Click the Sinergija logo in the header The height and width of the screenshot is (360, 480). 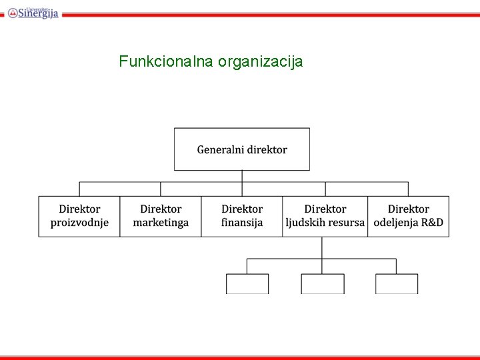pyautogui.click(x=33, y=12)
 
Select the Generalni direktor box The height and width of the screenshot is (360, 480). pyautogui.click(x=242, y=149)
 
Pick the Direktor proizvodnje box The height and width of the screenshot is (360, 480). pyautogui.click(x=79, y=216)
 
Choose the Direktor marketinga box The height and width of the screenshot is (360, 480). pyautogui.click(x=161, y=216)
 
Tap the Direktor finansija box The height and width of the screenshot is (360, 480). pyautogui.click(x=242, y=216)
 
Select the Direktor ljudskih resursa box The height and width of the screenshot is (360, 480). pyautogui.click(x=325, y=216)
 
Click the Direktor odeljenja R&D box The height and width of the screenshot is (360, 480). pyautogui.click(x=408, y=216)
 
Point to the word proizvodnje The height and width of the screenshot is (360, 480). pyautogui.click(x=79, y=223)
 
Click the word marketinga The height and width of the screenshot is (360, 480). pyautogui.click(x=161, y=223)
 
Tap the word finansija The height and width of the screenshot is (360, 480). pyautogui.click(x=242, y=223)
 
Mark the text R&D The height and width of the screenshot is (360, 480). pyautogui.click(x=431, y=223)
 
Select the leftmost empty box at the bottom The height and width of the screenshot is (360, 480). pyautogui.click(x=247, y=284)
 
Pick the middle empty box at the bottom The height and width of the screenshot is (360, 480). pyautogui.click(x=323, y=284)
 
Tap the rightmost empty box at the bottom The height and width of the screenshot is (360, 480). pyautogui.click(x=397, y=284)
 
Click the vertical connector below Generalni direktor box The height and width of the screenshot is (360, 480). pyautogui.click(x=242, y=177)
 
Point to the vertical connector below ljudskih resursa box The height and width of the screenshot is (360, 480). pyautogui.click(x=322, y=247)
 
